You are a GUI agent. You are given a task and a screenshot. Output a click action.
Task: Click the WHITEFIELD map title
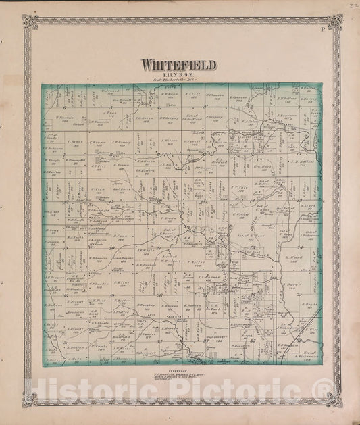[179, 65]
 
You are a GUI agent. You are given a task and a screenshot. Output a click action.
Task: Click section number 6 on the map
[63, 107]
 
